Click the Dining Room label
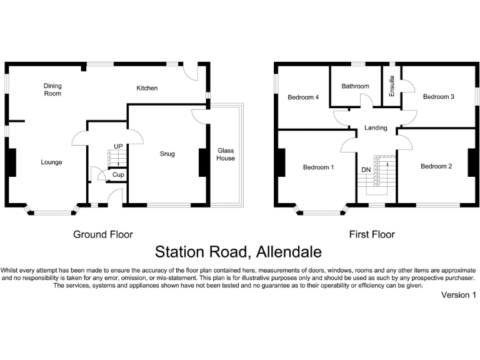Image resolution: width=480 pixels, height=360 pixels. [52, 89]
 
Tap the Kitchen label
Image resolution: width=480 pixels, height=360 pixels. [147, 88]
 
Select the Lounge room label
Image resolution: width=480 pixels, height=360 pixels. [51, 162]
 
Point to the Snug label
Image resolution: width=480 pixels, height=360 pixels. [167, 154]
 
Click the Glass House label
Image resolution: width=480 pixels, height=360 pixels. [226, 154]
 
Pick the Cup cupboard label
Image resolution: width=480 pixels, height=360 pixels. [118, 175]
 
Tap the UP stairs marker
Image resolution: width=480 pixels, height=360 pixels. [118, 146]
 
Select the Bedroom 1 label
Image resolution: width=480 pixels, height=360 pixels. [318, 167]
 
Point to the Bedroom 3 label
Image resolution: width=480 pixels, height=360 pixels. [438, 97]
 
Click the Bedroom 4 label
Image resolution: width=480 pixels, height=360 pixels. [303, 97]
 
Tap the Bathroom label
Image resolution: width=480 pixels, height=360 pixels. [355, 86]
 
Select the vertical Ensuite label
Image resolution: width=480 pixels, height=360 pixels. [392, 86]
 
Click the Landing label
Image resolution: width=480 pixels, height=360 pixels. [376, 128]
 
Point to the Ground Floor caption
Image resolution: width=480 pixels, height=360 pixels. [103, 235]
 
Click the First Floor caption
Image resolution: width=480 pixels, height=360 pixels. [372, 235]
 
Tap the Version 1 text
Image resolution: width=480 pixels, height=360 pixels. [459, 294]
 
